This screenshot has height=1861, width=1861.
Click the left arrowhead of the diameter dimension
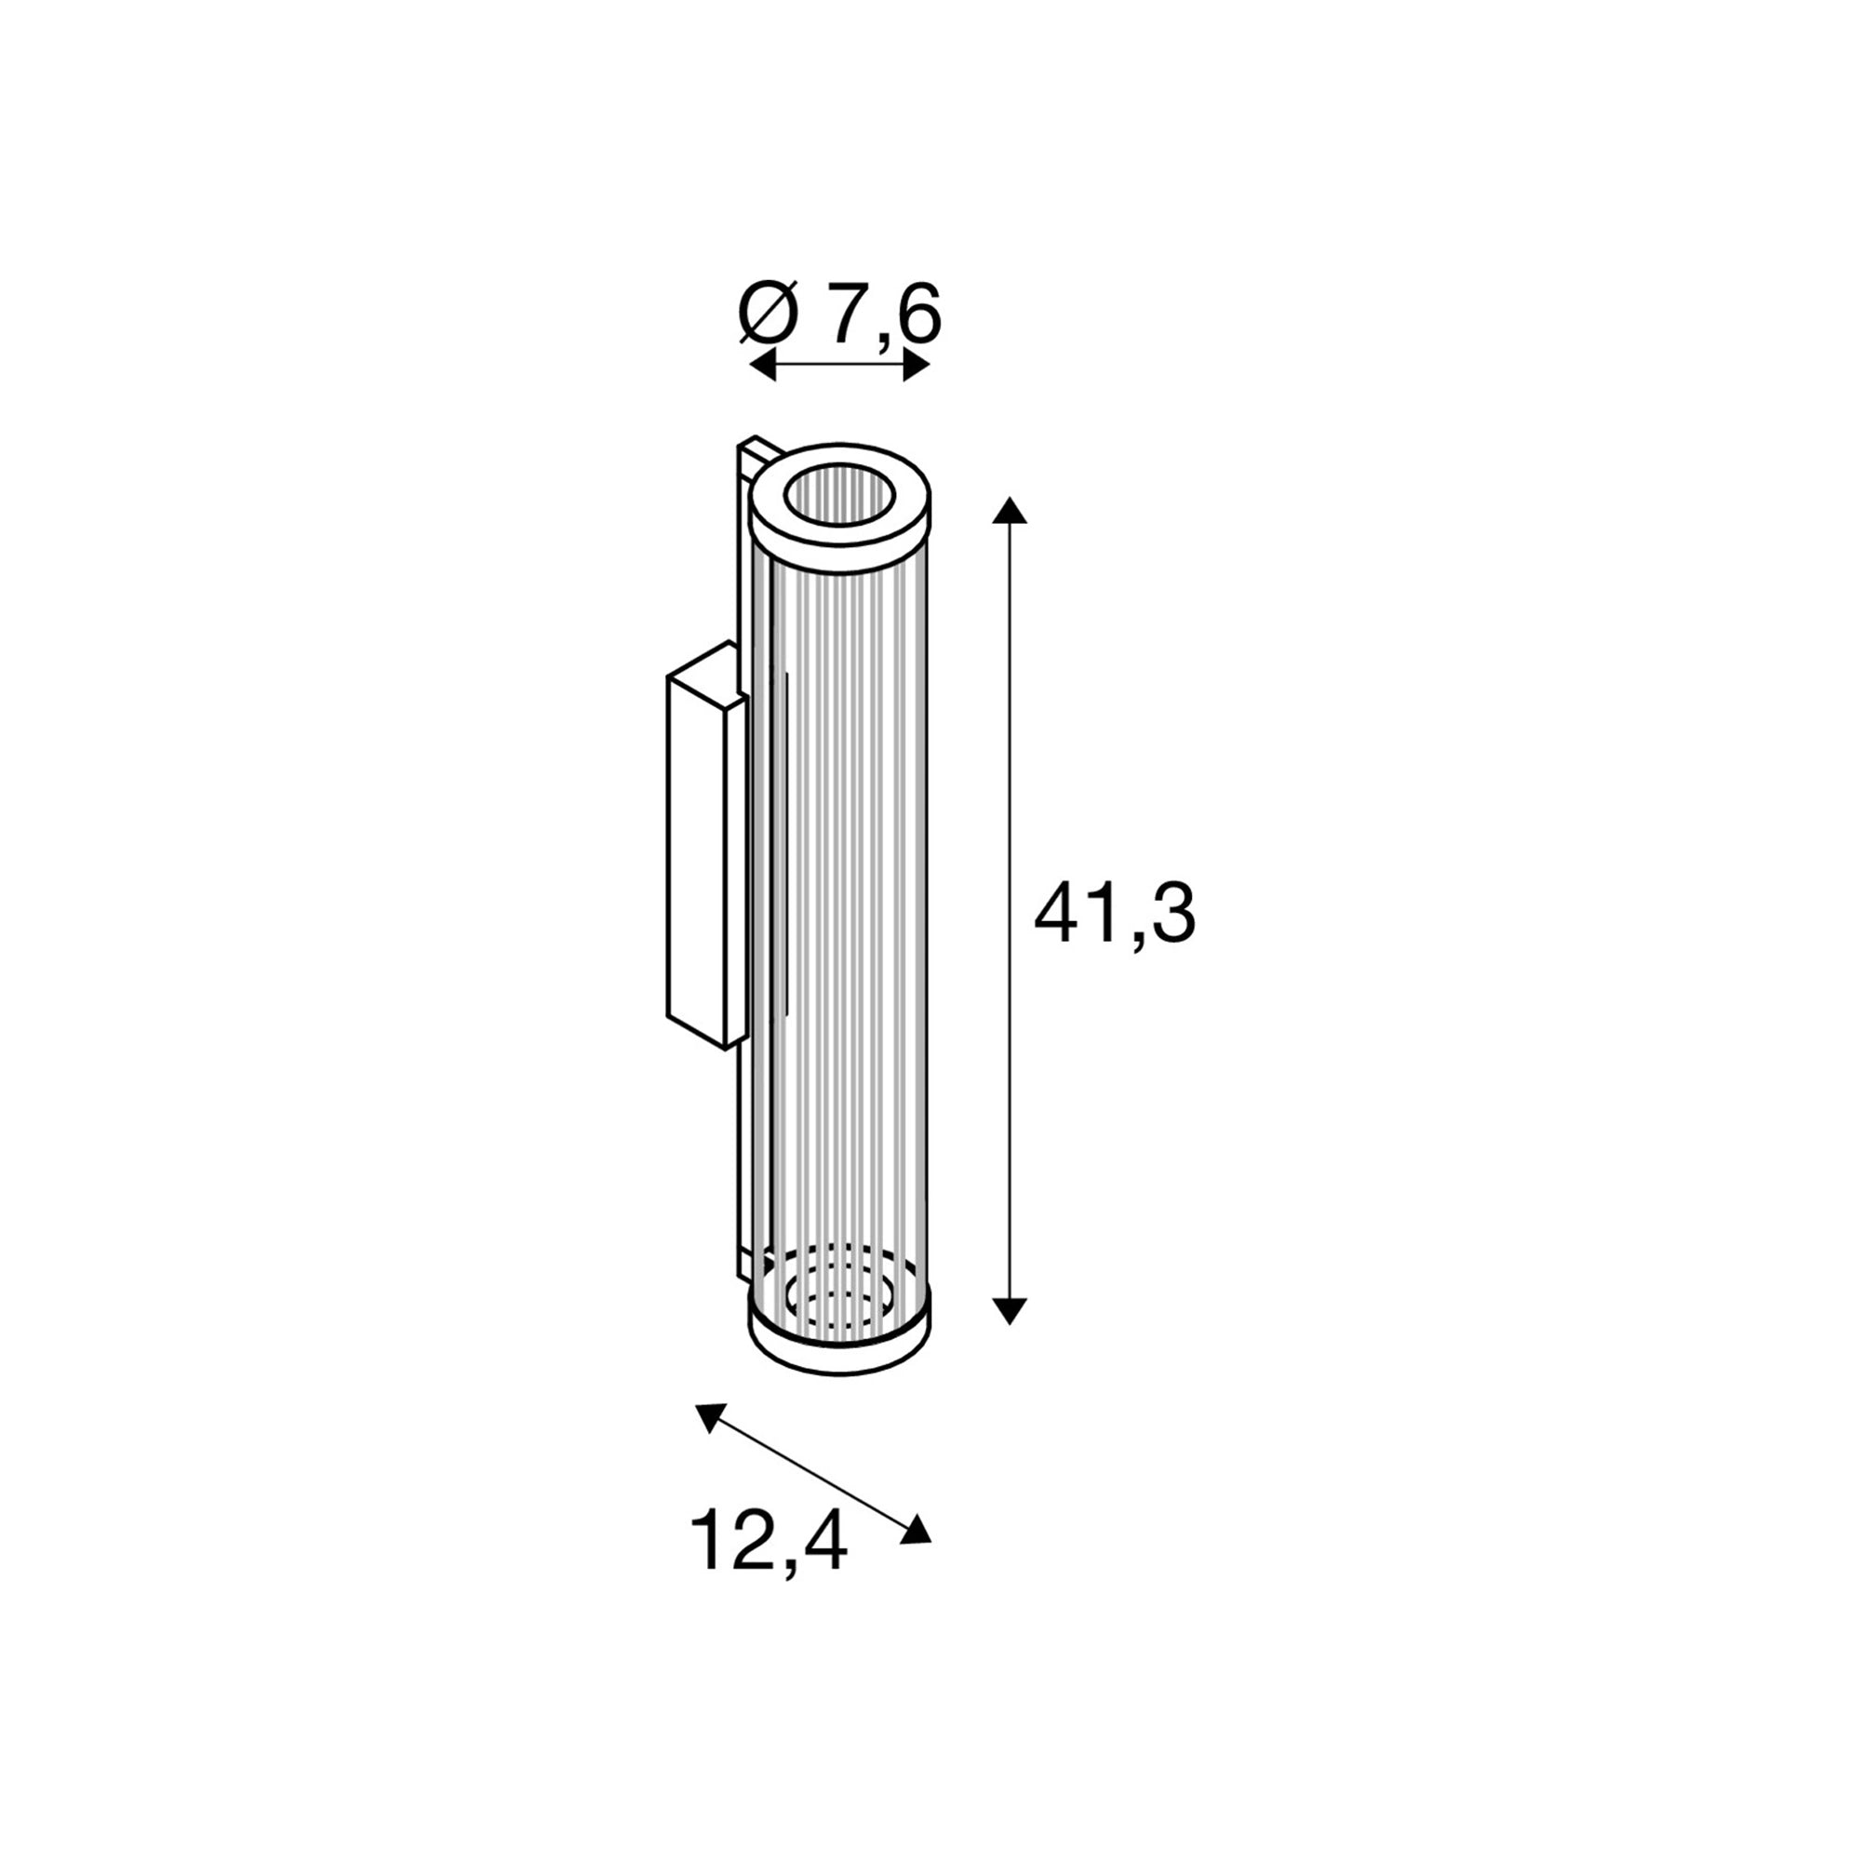(763, 365)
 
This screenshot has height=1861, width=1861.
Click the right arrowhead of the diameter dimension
(916, 365)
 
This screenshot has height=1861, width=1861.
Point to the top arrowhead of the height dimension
(1010, 511)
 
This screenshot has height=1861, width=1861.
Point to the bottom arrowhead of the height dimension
(1010, 1310)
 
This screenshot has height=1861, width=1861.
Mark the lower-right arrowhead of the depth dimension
(916, 1529)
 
